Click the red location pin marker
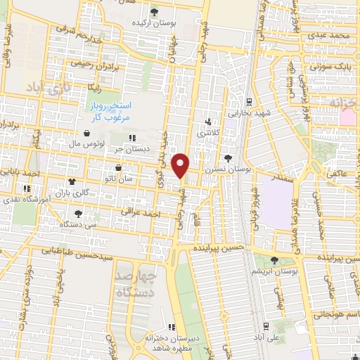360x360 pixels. click(181, 165)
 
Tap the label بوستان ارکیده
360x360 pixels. click(155, 22)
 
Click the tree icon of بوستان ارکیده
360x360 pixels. click(155, 11)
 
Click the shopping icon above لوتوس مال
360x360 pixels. click(86, 132)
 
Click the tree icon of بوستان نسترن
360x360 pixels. click(227, 158)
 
